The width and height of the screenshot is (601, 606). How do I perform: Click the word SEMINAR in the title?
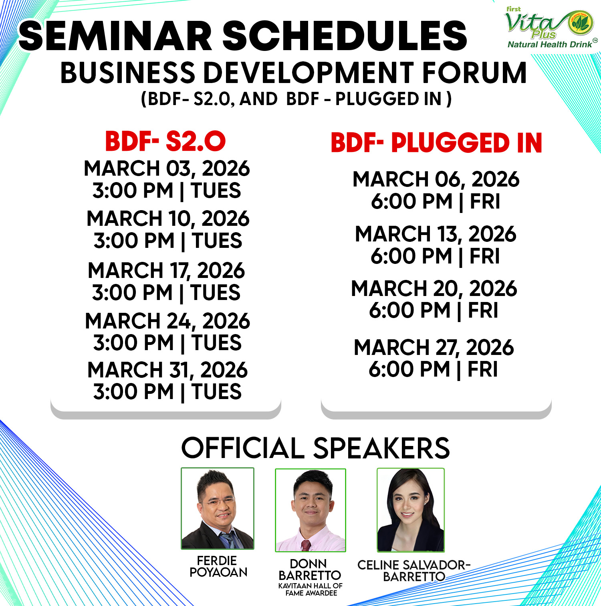(115, 36)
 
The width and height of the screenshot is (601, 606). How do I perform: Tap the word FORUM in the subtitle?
(474, 73)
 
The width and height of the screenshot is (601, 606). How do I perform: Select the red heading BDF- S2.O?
(165, 141)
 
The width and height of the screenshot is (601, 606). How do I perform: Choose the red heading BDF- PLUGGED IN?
(436, 143)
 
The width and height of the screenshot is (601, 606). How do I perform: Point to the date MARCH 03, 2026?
(167, 168)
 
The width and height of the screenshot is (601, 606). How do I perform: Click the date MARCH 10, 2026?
(168, 219)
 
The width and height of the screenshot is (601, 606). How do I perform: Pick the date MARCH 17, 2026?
(166, 271)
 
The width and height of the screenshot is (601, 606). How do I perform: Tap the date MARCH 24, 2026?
(167, 321)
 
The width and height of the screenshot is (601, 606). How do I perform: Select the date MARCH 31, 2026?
(167, 370)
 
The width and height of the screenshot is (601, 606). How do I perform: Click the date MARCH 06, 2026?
(436, 179)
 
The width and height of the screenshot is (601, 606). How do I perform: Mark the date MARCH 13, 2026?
(436, 234)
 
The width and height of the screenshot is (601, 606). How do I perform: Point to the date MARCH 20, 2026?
(434, 289)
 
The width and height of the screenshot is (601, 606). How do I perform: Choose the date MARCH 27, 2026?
(434, 347)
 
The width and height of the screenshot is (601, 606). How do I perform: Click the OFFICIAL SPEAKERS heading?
(315, 448)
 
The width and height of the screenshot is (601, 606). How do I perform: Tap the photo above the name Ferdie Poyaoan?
(218, 509)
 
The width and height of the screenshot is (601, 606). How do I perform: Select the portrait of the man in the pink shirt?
(311, 510)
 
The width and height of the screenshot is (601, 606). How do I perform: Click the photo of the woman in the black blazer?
(411, 510)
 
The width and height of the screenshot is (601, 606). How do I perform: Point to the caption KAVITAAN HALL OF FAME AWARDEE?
(311, 589)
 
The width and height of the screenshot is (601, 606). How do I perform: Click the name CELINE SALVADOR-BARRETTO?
(414, 571)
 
